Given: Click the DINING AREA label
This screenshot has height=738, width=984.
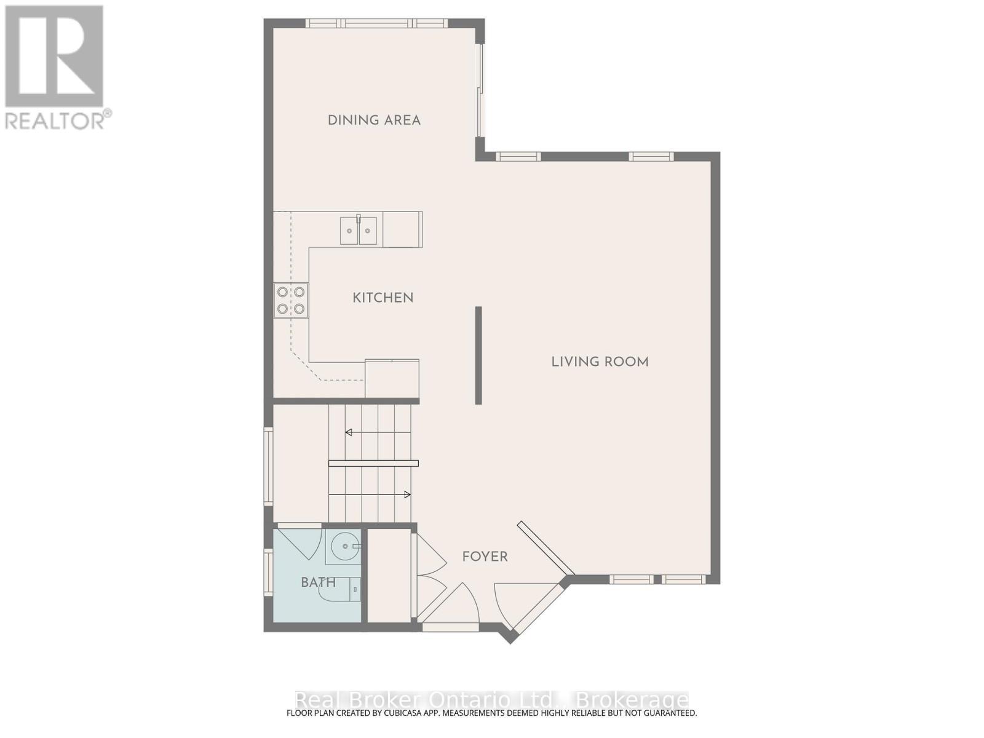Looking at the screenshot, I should click(374, 121).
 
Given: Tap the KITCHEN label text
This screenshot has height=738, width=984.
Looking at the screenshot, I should click(383, 298).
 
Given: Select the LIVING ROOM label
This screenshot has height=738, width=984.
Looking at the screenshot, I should click(600, 362).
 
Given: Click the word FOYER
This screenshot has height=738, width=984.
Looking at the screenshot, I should click(485, 557).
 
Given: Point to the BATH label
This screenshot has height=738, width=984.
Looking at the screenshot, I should click(318, 582).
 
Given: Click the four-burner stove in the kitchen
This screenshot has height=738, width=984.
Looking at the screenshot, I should click(291, 300).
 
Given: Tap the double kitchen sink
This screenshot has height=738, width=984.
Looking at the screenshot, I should click(359, 231).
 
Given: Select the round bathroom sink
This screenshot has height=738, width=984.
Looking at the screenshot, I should click(346, 546).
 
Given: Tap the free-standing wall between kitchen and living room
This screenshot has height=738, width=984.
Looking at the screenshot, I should click(478, 355).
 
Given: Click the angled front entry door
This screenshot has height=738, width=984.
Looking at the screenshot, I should click(535, 606).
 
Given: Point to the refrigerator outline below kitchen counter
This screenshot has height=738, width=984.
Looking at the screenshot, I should click(392, 379).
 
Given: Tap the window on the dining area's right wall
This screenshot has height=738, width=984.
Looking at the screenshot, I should click(480, 90).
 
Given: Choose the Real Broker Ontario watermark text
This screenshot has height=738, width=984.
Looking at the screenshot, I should click(492, 700).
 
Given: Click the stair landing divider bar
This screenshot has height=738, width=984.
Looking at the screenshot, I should click(373, 463).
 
